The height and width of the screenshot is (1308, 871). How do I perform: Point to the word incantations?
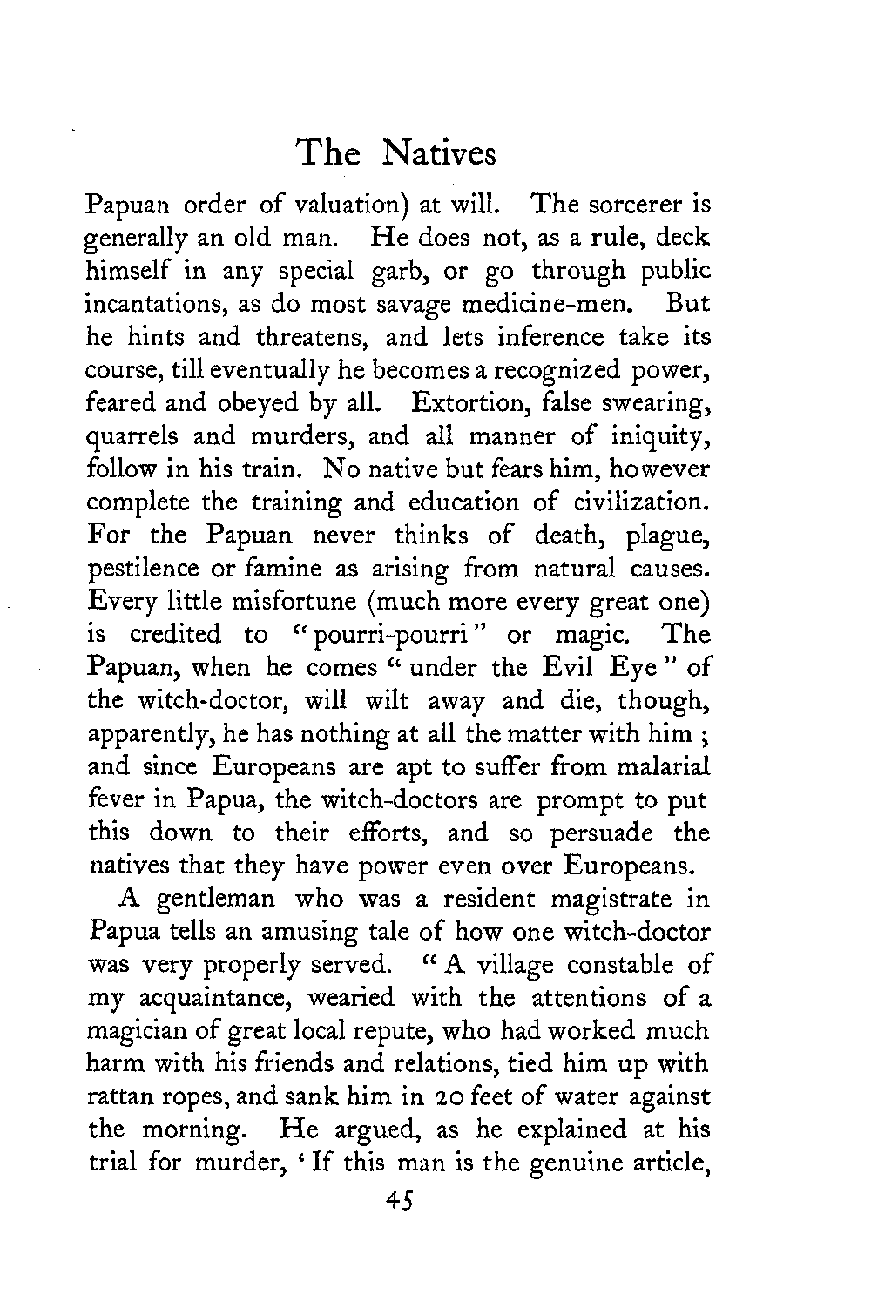(x=165, y=304)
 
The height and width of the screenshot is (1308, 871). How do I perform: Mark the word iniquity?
(x=656, y=437)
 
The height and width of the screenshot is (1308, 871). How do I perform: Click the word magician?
(x=145, y=1030)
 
